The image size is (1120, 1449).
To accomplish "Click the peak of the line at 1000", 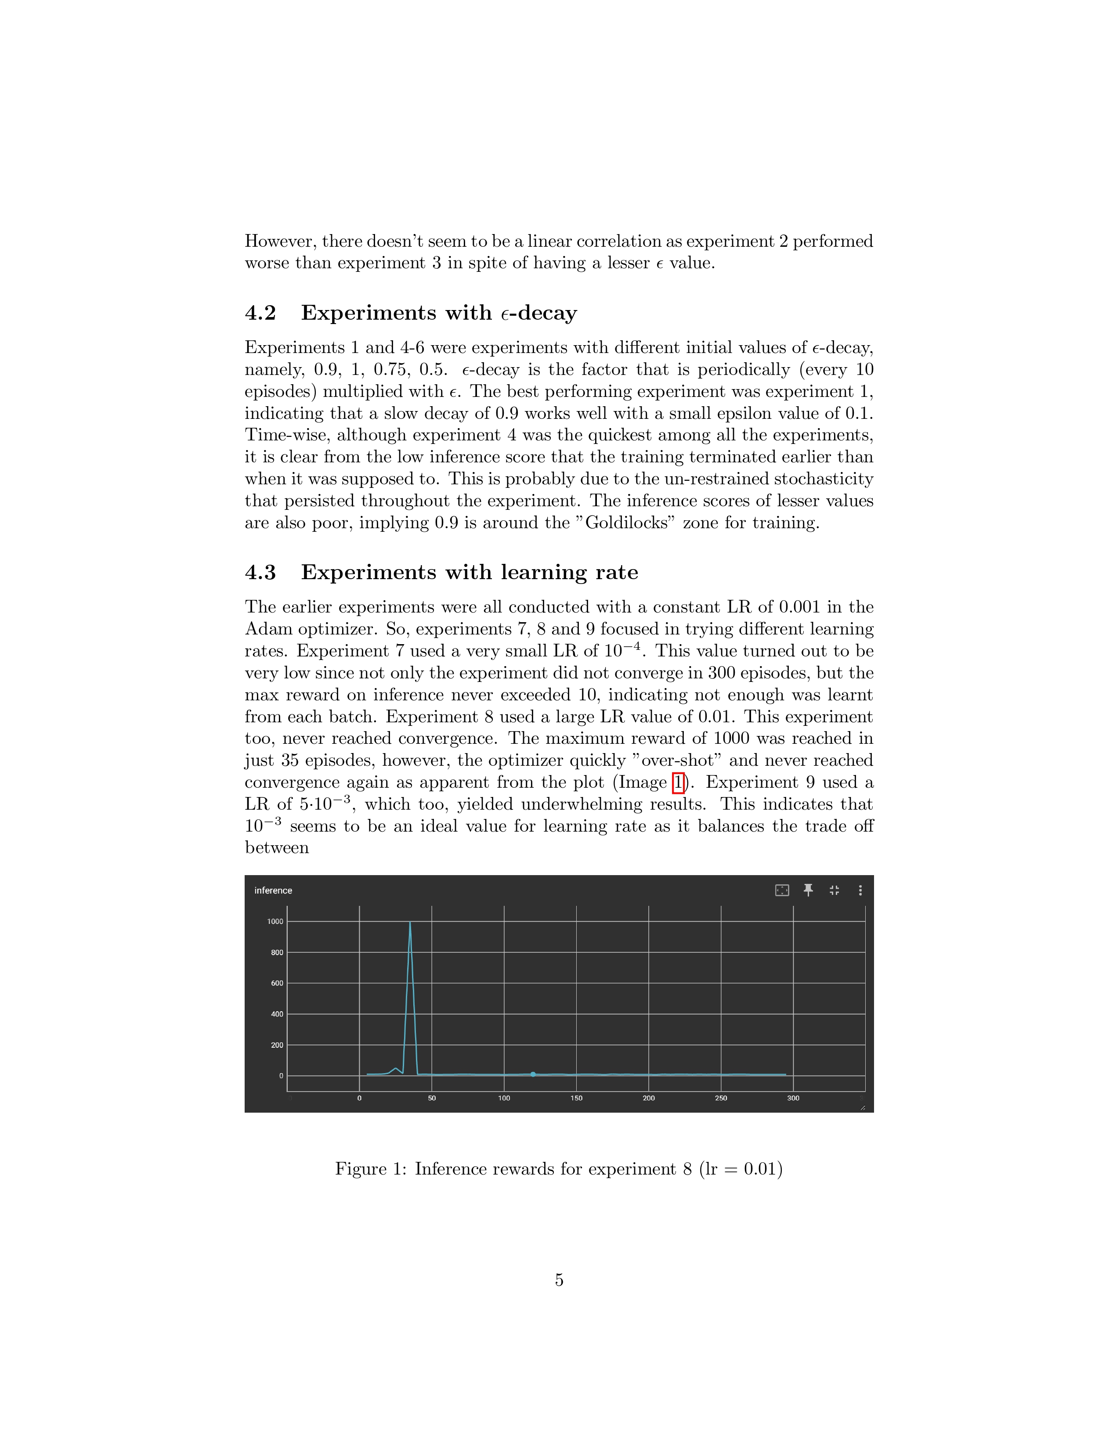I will (410, 922).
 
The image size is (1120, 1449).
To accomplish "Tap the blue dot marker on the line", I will (533, 1074).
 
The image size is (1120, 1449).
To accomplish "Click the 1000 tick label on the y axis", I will (275, 922).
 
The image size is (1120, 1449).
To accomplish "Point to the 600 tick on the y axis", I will (277, 983).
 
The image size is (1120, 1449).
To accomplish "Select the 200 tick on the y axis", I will (277, 1045).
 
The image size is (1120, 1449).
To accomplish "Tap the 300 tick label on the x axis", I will (793, 1098).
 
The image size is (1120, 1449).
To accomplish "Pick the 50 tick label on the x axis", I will (432, 1098).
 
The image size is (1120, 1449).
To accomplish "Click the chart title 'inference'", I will (273, 890).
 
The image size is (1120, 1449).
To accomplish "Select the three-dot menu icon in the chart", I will (860, 890).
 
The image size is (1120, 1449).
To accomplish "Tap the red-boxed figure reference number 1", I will (678, 783).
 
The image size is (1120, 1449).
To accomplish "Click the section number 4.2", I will (260, 313).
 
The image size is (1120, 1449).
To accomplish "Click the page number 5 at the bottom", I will (559, 1280).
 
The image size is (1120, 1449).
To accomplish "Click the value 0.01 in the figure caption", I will (760, 1168).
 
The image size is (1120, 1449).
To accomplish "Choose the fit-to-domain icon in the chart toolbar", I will (782, 890).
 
